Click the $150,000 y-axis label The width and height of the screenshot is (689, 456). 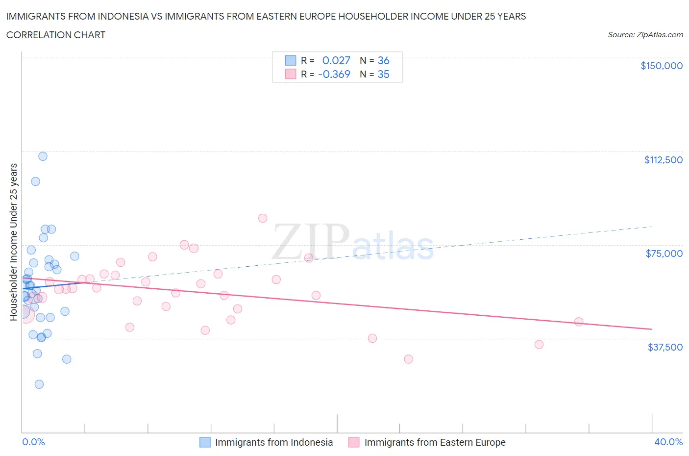point(661,66)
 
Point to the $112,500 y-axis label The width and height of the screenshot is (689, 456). point(663,160)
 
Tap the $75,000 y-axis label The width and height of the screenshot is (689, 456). point(664,253)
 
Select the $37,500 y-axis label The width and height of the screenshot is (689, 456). point(664,347)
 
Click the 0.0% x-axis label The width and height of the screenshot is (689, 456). point(33,442)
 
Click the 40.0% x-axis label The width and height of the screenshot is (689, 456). point(668,442)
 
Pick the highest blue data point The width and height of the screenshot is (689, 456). point(43,156)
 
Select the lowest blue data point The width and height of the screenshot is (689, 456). point(39,384)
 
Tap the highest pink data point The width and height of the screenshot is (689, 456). point(263,218)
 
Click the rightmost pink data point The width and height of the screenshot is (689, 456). point(579,322)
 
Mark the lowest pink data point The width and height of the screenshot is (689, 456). point(408,359)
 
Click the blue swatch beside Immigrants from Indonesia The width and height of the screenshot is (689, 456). point(205,442)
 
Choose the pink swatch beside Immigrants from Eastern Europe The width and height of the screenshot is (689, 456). point(354,442)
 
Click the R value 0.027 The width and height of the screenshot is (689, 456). point(336,60)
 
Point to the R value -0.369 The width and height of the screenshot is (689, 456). point(334,74)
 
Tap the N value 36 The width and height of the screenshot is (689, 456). point(383,60)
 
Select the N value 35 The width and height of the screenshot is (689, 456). point(383,74)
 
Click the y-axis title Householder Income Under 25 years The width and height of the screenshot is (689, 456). point(13,242)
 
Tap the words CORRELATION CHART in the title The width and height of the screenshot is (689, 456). point(56,35)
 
